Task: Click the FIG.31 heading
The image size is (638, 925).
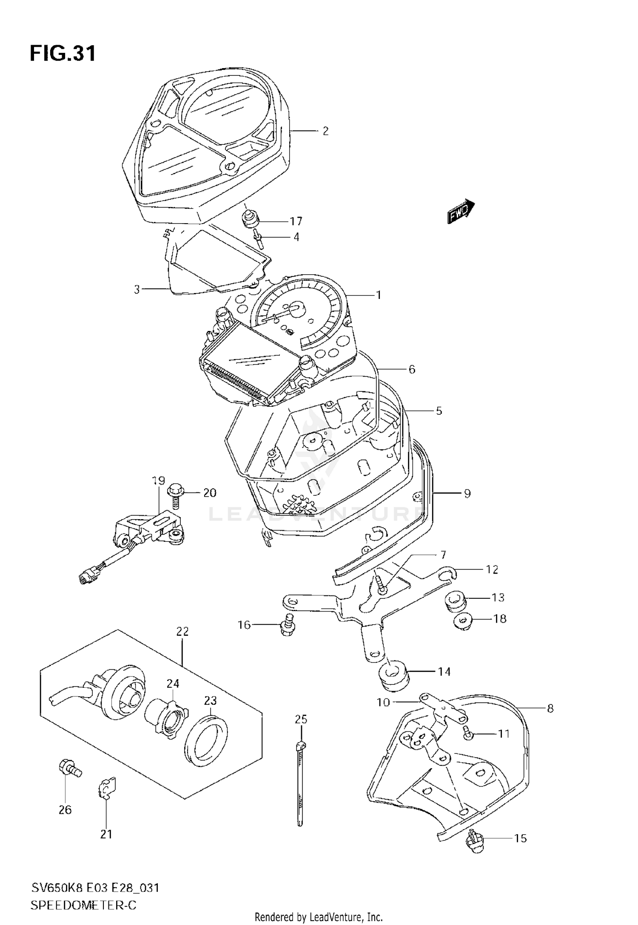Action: [x=63, y=54]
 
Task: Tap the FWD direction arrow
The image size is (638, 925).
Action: [x=461, y=210]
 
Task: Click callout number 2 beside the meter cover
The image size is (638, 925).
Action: [x=325, y=131]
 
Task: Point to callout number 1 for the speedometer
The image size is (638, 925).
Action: [x=378, y=295]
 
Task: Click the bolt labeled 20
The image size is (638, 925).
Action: [x=175, y=495]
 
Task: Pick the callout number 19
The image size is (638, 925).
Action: [x=158, y=481]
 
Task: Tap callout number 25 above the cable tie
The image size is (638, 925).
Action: [x=301, y=719]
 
